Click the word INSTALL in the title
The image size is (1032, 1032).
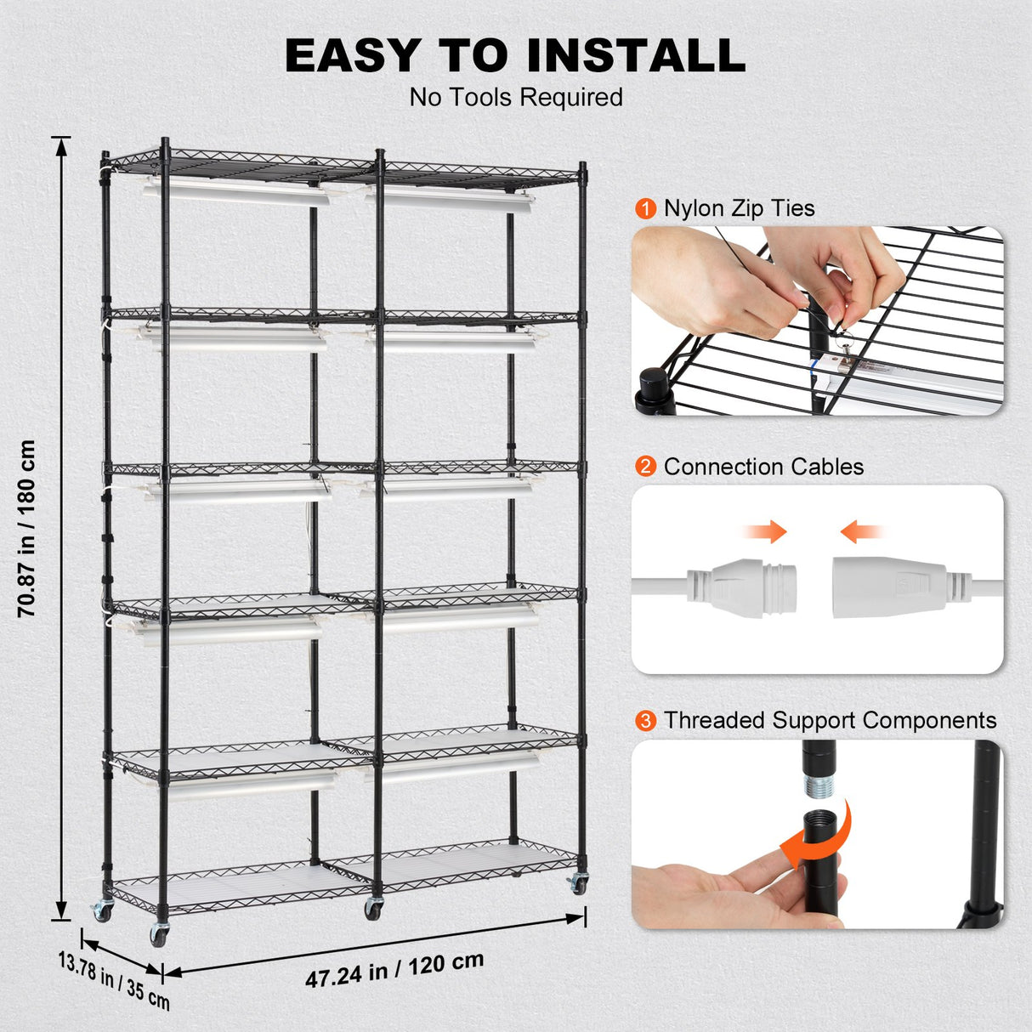point(635,55)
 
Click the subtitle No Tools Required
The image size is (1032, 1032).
point(516,97)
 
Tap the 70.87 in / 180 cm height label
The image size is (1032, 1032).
point(28,528)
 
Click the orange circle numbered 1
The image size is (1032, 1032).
point(646,209)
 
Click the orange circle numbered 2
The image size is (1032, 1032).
point(646,467)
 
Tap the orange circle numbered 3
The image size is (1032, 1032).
point(646,721)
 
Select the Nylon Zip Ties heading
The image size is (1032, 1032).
point(739,208)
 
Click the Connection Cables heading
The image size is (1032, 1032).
point(763,467)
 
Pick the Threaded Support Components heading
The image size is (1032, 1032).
point(830,720)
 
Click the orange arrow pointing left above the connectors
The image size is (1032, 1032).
point(861,533)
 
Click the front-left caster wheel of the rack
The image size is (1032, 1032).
point(160,933)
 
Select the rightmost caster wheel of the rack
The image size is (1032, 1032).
point(579,883)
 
